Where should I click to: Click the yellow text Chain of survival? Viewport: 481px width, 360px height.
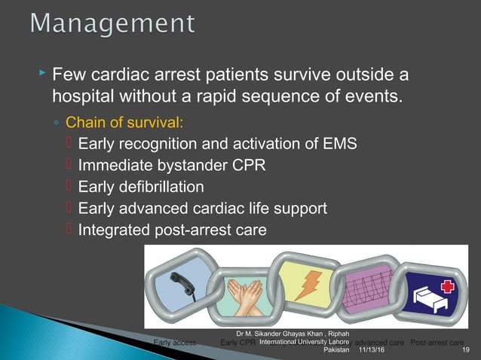coord(119,122)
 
